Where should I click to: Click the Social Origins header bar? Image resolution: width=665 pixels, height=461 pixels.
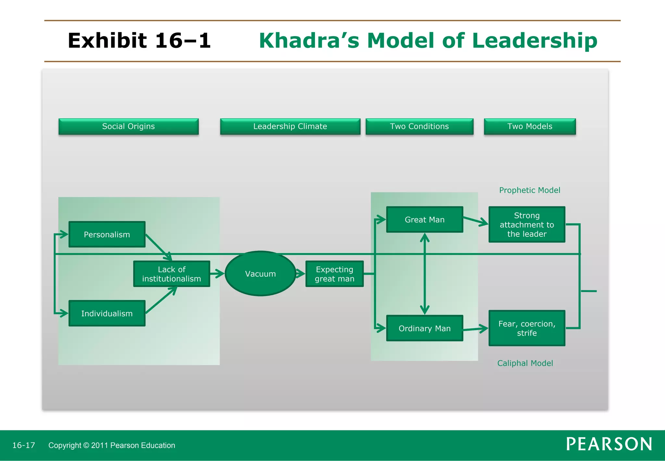129,126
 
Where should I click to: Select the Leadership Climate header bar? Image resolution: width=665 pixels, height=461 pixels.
290,126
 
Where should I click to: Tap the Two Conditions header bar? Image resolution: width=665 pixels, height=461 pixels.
419,126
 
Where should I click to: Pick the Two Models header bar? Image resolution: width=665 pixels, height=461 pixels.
530,126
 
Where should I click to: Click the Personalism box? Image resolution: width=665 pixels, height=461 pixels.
107,234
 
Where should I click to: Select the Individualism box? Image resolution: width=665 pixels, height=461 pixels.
107,313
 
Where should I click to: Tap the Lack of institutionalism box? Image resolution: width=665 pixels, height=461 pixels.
171,274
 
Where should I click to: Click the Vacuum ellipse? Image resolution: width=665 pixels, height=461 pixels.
260,274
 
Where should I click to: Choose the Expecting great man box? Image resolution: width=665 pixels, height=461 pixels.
334,274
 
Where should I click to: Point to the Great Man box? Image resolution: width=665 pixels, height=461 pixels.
424,220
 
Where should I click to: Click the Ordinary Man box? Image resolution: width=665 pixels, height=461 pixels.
424,328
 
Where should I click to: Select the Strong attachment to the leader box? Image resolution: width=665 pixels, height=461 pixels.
527,225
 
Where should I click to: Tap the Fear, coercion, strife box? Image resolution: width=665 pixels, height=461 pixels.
527,328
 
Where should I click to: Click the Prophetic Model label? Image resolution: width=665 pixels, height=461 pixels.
530,190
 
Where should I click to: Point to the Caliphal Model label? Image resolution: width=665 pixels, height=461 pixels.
525,363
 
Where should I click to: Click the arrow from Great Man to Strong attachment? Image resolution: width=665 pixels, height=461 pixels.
476,221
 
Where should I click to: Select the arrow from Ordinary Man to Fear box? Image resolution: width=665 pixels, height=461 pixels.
476,329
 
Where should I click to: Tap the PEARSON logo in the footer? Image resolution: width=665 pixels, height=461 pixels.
609,444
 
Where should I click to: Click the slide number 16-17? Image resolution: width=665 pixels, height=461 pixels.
24,445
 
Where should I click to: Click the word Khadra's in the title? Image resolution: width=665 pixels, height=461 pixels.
309,41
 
